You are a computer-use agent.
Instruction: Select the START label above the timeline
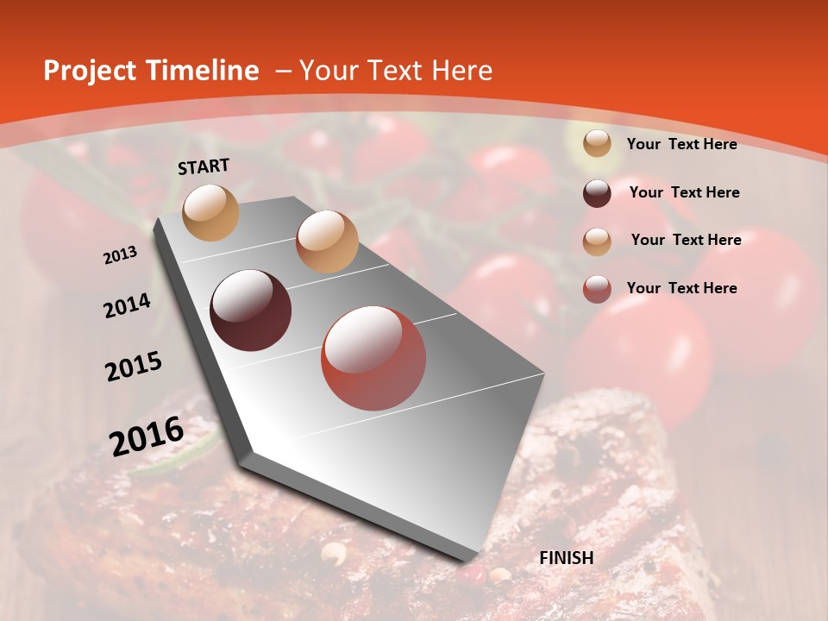click(x=204, y=166)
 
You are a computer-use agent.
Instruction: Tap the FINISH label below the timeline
click(x=567, y=558)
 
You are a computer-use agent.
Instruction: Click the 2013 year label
click(x=121, y=255)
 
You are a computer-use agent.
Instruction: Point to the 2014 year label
click(x=128, y=306)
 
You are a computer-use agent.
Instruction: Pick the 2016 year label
click(x=147, y=436)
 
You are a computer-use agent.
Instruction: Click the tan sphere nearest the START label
click(x=211, y=212)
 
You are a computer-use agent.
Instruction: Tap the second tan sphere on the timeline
click(x=327, y=241)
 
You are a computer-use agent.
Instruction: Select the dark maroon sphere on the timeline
click(x=251, y=310)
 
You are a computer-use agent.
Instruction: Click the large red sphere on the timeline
click(x=373, y=358)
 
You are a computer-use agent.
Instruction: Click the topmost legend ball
click(x=597, y=144)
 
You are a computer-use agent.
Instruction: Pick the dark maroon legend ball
click(x=597, y=193)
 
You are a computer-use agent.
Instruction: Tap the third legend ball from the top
click(x=597, y=241)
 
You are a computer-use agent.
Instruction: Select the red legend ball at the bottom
click(x=597, y=289)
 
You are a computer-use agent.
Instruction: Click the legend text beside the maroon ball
click(x=684, y=192)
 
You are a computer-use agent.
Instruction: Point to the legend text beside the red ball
click(x=681, y=288)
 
